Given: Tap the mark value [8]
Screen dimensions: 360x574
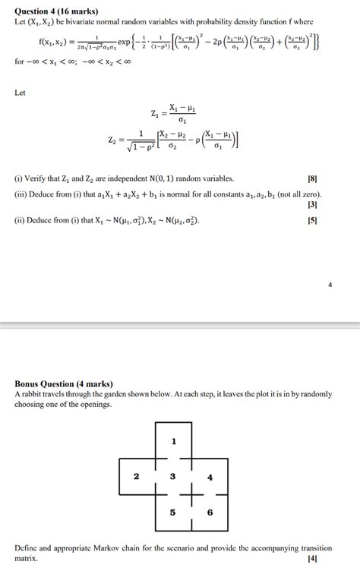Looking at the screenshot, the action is tap(312, 179).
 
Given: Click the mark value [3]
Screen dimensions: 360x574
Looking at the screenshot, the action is tap(312, 204).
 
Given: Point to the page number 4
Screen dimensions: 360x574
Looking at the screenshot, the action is tap(330, 286).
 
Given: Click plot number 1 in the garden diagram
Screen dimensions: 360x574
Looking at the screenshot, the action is tap(173, 441).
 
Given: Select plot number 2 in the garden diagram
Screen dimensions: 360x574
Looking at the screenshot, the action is tap(136, 477).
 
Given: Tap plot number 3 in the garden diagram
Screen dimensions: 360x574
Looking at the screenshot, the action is tap(173, 477).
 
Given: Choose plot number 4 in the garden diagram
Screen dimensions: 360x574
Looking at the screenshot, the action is tap(210, 477).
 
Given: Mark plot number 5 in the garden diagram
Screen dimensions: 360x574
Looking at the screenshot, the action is tap(173, 512).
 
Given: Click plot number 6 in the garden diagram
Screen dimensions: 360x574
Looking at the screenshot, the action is tap(210, 512).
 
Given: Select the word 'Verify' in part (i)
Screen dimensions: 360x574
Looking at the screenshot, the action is tap(38, 179).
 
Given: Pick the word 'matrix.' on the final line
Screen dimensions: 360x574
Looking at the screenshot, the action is tap(27, 558).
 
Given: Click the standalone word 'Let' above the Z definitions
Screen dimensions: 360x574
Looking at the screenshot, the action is tap(21, 93).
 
